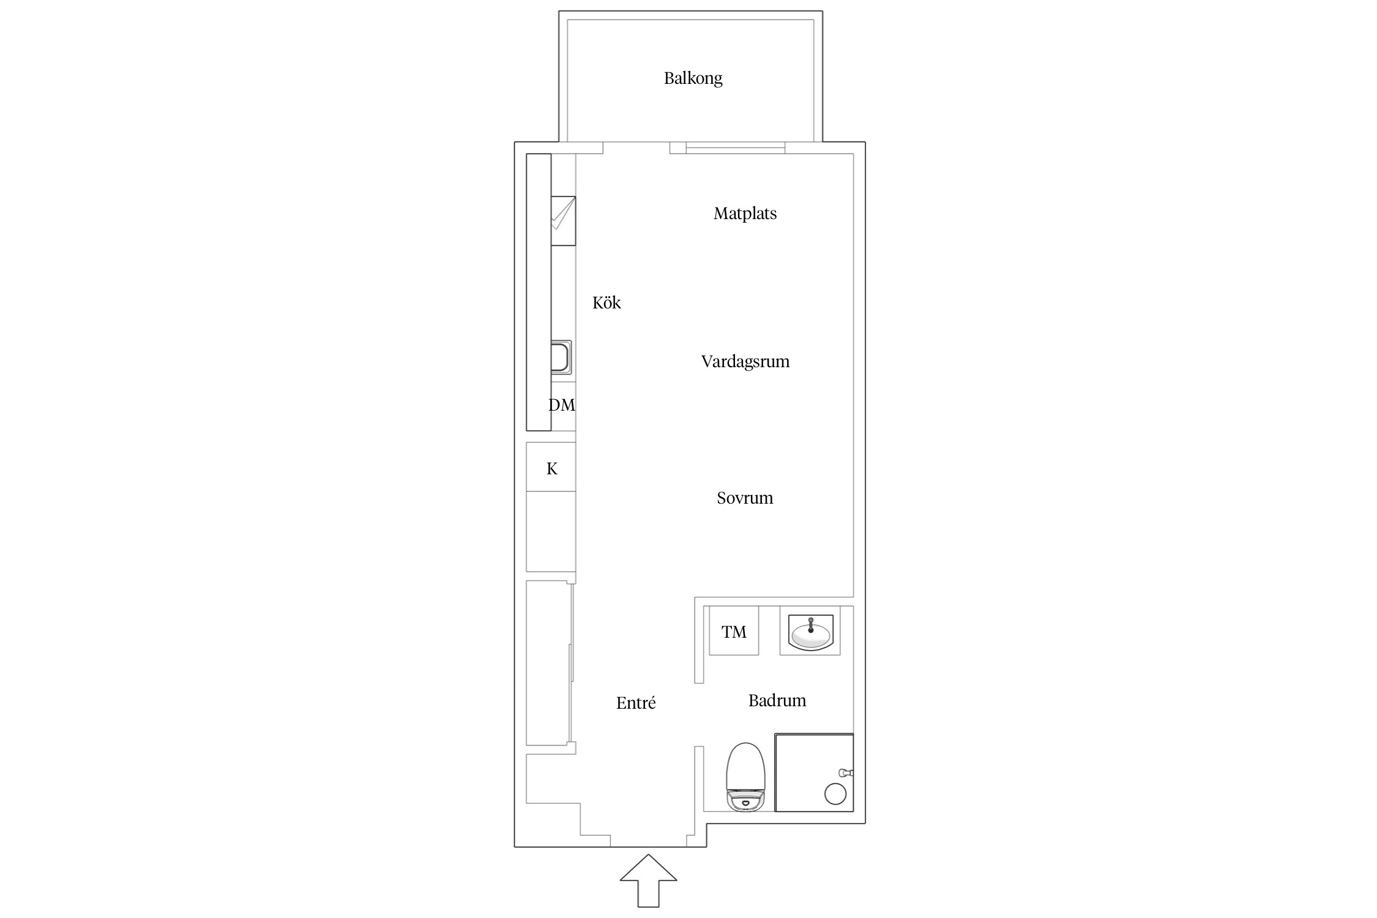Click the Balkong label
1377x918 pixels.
coord(693,78)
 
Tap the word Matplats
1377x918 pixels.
coord(745,214)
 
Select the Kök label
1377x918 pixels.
coord(606,302)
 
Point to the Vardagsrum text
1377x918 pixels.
coord(745,362)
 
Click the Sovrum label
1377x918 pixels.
coord(745,498)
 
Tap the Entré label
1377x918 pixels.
coord(636,703)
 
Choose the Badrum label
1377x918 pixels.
coord(777,700)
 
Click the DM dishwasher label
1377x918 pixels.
coord(562,405)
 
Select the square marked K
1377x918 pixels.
coord(551,466)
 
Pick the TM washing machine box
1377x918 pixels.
coord(734,630)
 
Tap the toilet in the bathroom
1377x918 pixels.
coord(746,777)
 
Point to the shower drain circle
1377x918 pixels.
coord(835,794)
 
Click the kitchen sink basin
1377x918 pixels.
coord(561,357)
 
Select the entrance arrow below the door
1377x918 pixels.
coord(649,881)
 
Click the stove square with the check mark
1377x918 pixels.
coord(563,221)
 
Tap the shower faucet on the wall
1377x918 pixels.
coord(846,773)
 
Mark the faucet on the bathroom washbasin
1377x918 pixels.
coord(811,625)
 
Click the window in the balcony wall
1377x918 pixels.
coord(735,147)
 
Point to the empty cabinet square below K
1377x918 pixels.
coord(551,531)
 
